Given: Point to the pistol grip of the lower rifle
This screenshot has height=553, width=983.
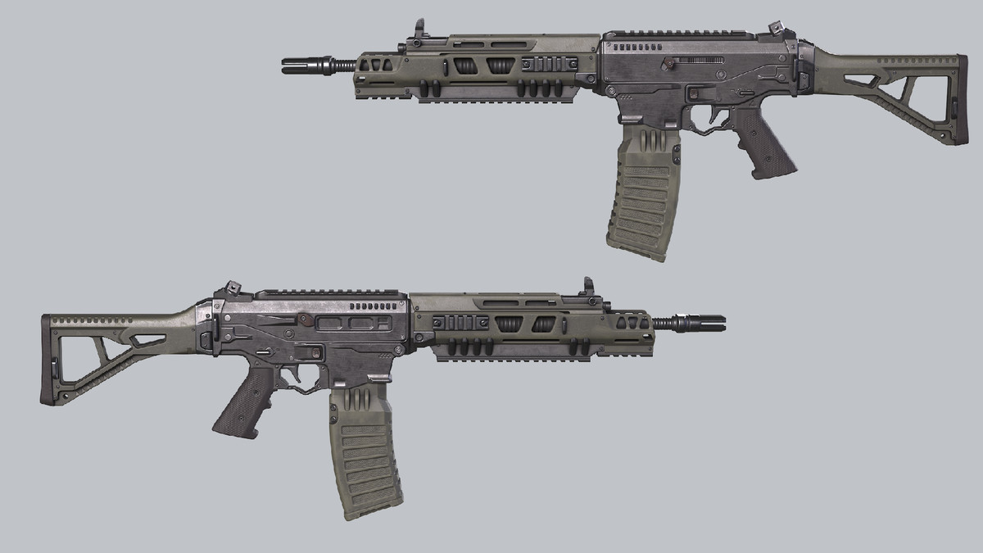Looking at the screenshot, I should (247, 401).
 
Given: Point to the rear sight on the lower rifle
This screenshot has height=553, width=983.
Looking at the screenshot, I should (230, 289).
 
